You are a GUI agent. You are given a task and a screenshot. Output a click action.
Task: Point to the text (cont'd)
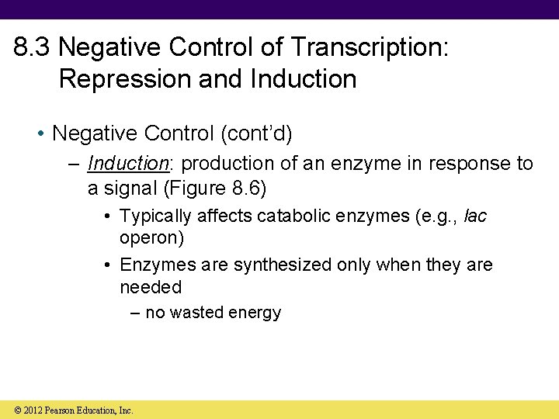click(257, 134)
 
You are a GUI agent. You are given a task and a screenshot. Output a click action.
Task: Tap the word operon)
click(151, 237)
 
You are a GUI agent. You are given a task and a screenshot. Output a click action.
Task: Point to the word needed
click(150, 287)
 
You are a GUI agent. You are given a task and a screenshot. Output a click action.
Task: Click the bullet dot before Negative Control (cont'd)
click(40, 135)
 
